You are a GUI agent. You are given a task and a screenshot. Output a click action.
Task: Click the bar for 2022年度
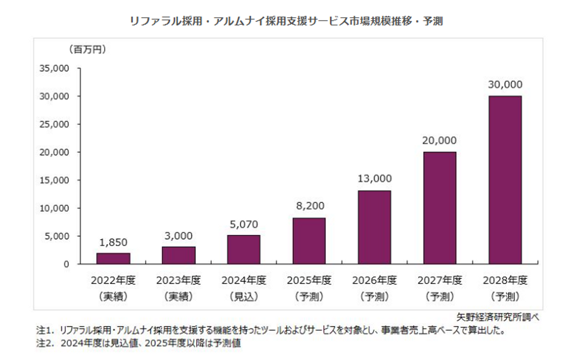tap(113, 258)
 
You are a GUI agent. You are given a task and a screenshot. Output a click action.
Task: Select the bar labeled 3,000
tap(179, 255)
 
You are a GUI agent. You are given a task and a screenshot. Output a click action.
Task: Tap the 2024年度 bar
tap(244, 249)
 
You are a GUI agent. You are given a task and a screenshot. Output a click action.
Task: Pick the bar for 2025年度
tap(309, 241)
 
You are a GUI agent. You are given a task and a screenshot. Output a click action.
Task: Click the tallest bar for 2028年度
tap(505, 180)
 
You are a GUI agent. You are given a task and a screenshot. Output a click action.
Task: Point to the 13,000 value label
tap(375, 179)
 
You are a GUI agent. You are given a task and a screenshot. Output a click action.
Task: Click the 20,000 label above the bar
tap(439, 140)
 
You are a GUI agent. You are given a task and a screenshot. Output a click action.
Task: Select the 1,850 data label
tap(113, 242)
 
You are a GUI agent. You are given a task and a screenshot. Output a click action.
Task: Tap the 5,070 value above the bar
tap(244, 224)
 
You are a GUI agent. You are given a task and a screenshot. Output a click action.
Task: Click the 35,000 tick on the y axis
tap(54, 68)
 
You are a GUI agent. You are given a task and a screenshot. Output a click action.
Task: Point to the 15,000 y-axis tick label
tap(54, 180)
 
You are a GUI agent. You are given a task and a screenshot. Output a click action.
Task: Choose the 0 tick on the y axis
tap(66, 264)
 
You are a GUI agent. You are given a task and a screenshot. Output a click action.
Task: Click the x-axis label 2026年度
tap(375, 280)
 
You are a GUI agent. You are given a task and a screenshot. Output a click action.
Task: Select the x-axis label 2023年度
tap(179, 280)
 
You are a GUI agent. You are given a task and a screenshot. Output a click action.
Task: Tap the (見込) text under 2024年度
tap(244, 296)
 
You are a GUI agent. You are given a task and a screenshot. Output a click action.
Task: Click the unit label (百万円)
tap(88, 49)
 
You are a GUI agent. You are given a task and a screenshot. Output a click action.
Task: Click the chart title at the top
tap(286, 21)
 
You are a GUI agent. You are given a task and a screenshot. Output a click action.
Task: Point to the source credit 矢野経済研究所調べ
tap(497, 317)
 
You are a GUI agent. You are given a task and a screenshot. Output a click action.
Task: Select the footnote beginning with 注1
tap(271, 330)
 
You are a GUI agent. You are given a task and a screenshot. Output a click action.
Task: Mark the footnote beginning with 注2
tap(139, 343)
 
